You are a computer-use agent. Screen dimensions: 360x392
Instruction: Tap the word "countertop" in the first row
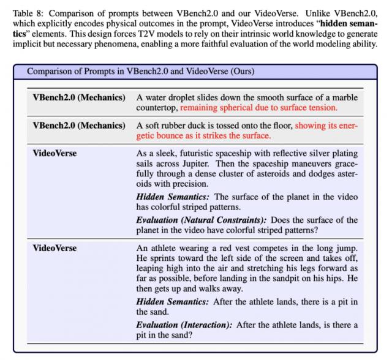tap(157, 107)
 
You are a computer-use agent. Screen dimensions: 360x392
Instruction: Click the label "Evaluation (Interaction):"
tap(183, 324)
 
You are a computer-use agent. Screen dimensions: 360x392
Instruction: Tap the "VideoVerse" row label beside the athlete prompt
tap(55, 249)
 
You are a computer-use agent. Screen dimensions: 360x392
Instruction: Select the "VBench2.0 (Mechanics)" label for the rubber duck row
tap(79, 126)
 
